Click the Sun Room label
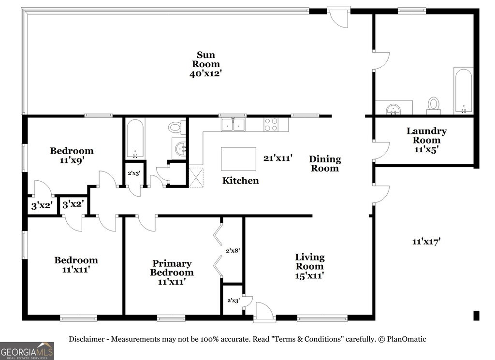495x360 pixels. pos(206,59)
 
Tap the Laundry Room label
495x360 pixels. pos(426,135)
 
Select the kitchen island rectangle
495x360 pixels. pos(238,159)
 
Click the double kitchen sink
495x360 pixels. pos(233,124)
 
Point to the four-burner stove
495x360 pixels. pos(271,124)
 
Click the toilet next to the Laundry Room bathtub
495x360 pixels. pos(434,106)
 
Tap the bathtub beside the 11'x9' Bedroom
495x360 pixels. pos(135,139)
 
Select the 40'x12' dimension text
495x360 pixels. pos(206,73)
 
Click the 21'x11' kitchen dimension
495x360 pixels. pos(278,158)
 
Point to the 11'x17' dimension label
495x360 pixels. pos(426,242)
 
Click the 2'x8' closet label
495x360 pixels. pos(233,250)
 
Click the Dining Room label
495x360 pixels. pos(325,163)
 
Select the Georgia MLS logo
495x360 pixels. pos(27,351)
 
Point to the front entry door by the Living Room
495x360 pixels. pos(264,312)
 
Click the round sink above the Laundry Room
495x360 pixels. pos(393,109)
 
